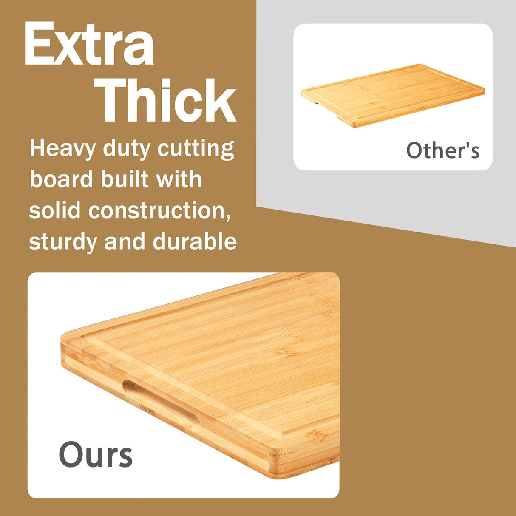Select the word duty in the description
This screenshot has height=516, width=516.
click(127, 149)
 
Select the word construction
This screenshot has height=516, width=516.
click(159, 210)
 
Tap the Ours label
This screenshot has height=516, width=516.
click(96, 454)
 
